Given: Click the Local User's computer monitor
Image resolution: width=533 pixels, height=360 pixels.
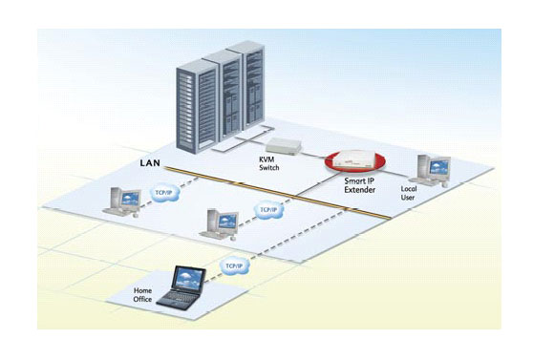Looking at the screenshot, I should coord(438,168).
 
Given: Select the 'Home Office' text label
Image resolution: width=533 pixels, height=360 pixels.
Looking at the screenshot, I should coord(142,296).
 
